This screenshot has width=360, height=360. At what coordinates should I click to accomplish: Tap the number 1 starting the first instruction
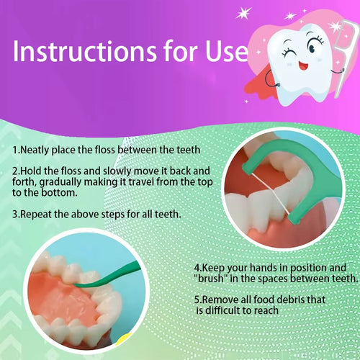pos(15,150)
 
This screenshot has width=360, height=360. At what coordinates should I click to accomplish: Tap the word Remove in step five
pos(221,299)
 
